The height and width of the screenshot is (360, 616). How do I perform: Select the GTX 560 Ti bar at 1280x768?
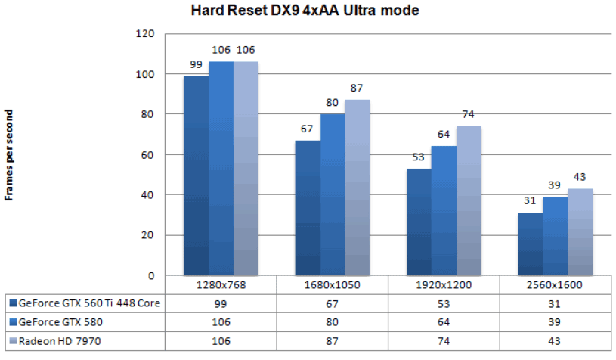coord(197,175)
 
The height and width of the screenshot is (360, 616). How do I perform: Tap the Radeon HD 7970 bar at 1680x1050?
coord(357,187)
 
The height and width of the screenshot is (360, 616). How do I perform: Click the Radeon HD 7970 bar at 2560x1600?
coord(580,231)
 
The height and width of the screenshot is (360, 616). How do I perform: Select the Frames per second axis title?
coord(10,154)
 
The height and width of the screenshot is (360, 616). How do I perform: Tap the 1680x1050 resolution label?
coord(332,286)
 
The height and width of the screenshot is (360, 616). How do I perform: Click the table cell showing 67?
coord(332,304)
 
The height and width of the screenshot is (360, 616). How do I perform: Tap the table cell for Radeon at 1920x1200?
coord(444,341)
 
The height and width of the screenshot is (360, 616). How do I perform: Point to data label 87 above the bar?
coord(357,88)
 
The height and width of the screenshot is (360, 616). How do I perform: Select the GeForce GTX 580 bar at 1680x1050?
coord(332,194)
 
